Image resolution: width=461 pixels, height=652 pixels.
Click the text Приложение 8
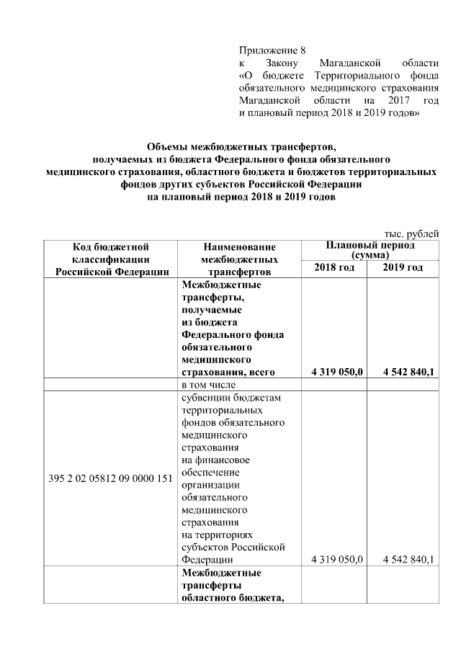pos(272,50)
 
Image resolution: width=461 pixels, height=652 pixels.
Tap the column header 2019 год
pos(403,268)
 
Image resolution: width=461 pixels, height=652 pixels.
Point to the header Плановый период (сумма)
pos(370,250)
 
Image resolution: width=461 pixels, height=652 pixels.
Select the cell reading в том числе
pos(207,384)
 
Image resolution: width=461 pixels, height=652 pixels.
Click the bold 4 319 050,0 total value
pos(336,372)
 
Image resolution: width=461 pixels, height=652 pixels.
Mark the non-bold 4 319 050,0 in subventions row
pos(336,559)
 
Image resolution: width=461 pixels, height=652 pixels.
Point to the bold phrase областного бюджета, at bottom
pos(230,599)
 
